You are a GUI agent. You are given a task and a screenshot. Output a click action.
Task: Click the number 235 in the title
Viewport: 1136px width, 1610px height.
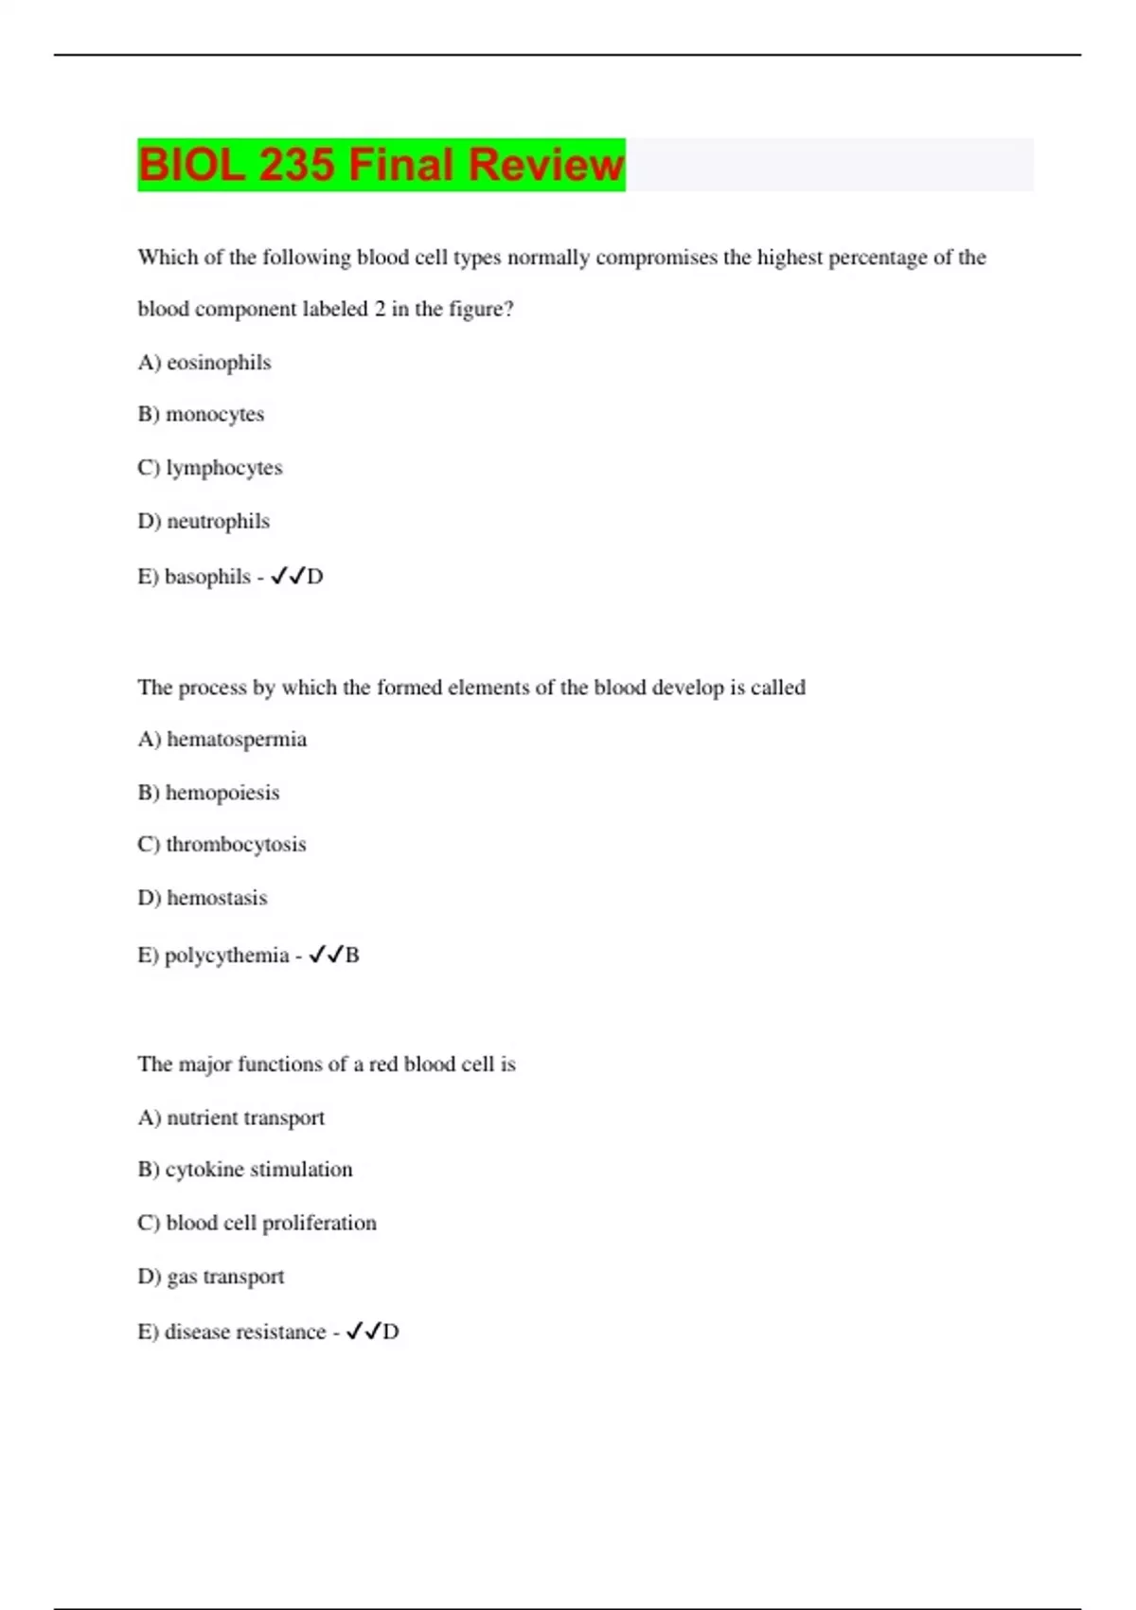click(x=295, y=165)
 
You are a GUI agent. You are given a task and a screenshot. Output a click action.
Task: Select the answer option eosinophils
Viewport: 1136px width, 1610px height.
click(x=219, y=363)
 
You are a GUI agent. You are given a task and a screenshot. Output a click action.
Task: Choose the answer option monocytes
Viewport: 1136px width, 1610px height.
click(x=215, y=415)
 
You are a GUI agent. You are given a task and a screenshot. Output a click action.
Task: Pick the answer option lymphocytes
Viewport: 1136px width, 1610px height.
click(x=224, y=468)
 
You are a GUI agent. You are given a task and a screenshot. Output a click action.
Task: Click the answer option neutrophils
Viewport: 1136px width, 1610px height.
click(x=218, y=521)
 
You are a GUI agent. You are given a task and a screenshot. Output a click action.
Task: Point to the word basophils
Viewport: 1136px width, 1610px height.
click(x=207, y=577)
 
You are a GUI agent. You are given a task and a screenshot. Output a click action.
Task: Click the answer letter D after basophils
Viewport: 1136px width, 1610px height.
click(x=315, y=577)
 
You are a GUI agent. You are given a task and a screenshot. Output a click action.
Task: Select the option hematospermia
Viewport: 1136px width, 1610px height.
click(x=237, y=739)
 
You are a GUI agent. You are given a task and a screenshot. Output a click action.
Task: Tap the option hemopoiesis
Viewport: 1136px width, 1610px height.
click(x=222, y=793)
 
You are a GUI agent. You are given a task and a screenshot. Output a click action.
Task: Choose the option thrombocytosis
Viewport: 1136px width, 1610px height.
click(x=236, y=844)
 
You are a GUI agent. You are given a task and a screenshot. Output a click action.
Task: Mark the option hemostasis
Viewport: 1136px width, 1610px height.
click(x=217, y=898)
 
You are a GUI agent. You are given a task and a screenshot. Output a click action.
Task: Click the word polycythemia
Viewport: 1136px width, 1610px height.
click(x=227, y=956)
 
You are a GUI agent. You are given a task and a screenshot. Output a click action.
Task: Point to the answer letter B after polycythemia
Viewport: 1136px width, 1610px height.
click(x=352, y=956)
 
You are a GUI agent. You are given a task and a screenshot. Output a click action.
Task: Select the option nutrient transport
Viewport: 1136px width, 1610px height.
click(x=245, y=1118)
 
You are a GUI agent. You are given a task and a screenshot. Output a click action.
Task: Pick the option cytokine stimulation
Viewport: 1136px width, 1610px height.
click(x=258, y=1170)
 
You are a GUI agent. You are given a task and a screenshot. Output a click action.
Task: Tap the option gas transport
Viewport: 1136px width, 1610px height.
click(x=225, y=1277)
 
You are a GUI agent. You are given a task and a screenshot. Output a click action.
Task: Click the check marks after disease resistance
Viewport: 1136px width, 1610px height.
click(x=363, y=1332)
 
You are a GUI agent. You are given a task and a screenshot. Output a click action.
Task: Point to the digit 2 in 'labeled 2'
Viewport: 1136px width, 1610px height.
click(x=380, y=310)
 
